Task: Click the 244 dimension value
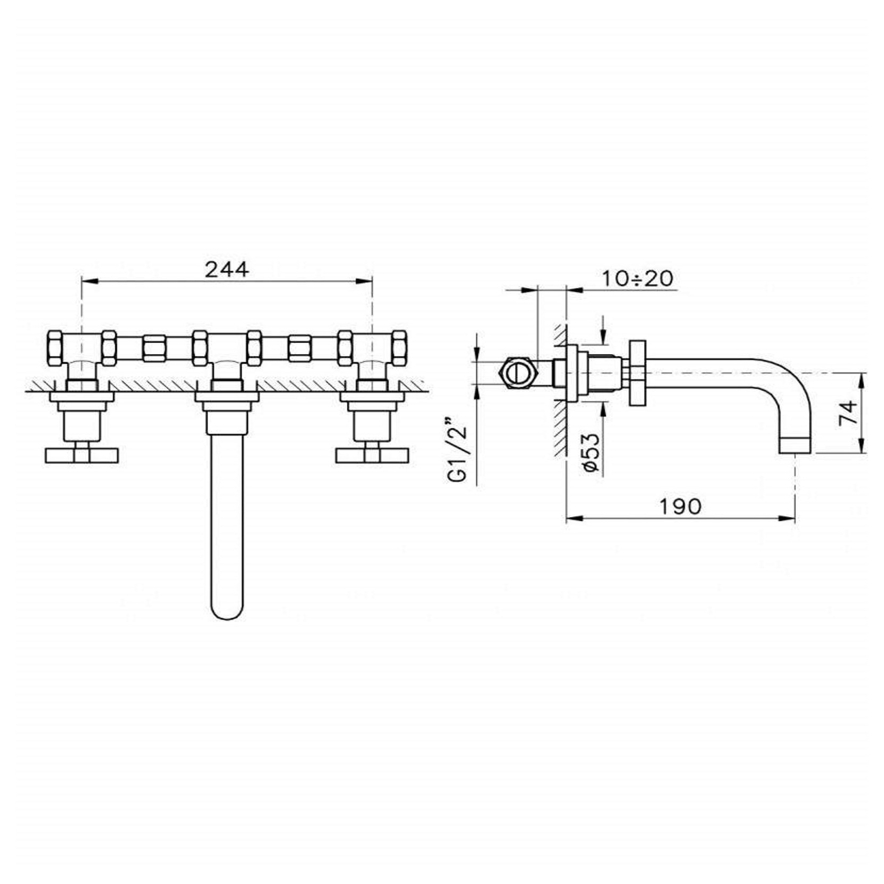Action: point(226,269)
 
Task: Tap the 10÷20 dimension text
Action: point(637,278)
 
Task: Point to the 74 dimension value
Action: point(848,412)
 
